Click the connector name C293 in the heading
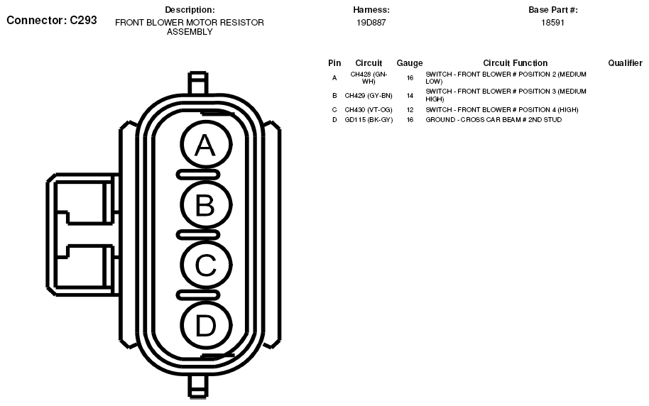(x=83, y=20)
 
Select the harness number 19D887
(x=371, y=23)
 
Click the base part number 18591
(x=552, y=23)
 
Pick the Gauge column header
(x=409, y=63)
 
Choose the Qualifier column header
(x=625, y=63)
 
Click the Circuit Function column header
(x=515, y=63)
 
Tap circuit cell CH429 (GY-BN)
(x=369, y=96)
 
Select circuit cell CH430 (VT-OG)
(x=369, y=110)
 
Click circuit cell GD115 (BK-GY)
(x=369, y=120)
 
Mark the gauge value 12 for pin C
(x=410, y=110)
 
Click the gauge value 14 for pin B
(x=410, y=96)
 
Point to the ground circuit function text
(x=493, y=120)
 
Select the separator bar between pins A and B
(x=198, y=175)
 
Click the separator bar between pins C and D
(x=198, y=295)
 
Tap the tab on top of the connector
(x=198, y=83)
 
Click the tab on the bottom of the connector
(x=198, y=387)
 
